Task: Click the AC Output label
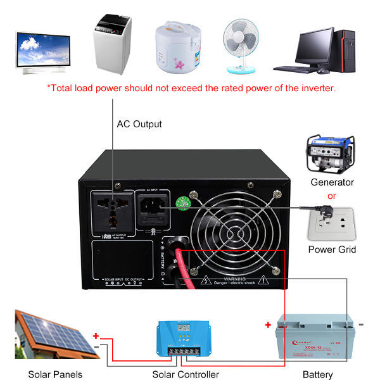(x=139, y=124)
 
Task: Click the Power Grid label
(x=332, y=249)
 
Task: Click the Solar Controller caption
(x=186, y=374)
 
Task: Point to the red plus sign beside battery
(x=268, y=325)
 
